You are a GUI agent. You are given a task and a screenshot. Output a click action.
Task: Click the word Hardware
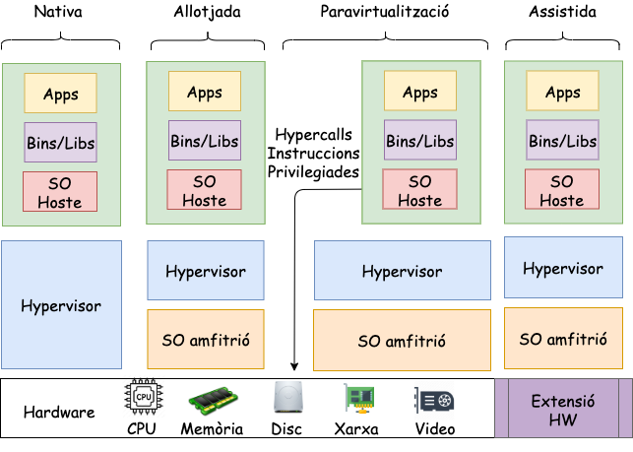[x=59, y=412]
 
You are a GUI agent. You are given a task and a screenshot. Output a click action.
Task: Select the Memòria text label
[x=212, y=428]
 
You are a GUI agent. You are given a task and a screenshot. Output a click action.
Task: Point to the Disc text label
[x=287, y=428]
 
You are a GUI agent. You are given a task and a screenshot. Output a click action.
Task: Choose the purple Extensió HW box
[x=562, y=409]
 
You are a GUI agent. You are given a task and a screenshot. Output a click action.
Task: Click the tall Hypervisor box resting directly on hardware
[x=61, y=305]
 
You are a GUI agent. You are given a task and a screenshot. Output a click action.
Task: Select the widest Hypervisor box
[x=402, y=271]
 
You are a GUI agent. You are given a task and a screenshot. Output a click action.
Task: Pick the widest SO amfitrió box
[x=402, y=341]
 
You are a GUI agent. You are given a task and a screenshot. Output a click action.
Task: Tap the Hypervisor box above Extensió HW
[x=562, y=268]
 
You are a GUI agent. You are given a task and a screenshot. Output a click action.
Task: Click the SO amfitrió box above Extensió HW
[x=562, y=339]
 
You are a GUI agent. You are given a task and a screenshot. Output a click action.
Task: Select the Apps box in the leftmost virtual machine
[x=61, y=95]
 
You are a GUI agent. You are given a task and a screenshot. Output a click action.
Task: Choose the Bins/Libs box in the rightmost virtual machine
[x=562, y=141]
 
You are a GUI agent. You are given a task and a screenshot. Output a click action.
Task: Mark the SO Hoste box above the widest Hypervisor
[x=420, y=190]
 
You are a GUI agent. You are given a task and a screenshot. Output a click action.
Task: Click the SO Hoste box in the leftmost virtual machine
[x=60, y=192]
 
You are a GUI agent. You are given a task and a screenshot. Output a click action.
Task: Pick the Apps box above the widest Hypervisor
[x=420, y=93]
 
